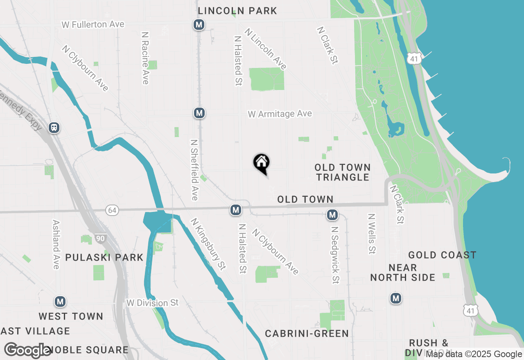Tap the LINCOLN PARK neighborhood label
(237, 11)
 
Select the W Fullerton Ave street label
(93, 25)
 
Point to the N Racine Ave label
(145, 58)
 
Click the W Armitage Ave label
(280, 114)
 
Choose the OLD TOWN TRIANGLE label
(343, 172)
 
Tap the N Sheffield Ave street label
(194, 170)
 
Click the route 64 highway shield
(112, 210)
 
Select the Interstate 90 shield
(100, 239)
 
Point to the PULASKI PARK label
(104, 257)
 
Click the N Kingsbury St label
(208, 244)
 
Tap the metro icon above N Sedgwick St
(332, 215)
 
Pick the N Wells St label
(372, 234)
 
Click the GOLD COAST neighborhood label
(442, 255)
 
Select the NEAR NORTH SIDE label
(403, 272)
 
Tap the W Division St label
(153, 303)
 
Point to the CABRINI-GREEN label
(307, 333)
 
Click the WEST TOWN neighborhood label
(71, 316)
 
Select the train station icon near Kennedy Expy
(54, 128)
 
